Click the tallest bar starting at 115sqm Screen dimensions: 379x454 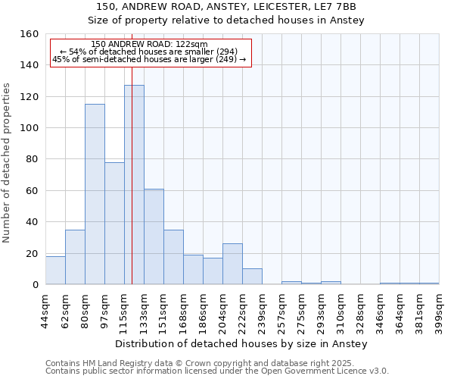coord(134,185)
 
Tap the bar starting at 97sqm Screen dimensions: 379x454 coord(114,224)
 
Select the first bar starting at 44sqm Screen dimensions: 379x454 coord(55,271)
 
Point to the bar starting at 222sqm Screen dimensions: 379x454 coord(252,277)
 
